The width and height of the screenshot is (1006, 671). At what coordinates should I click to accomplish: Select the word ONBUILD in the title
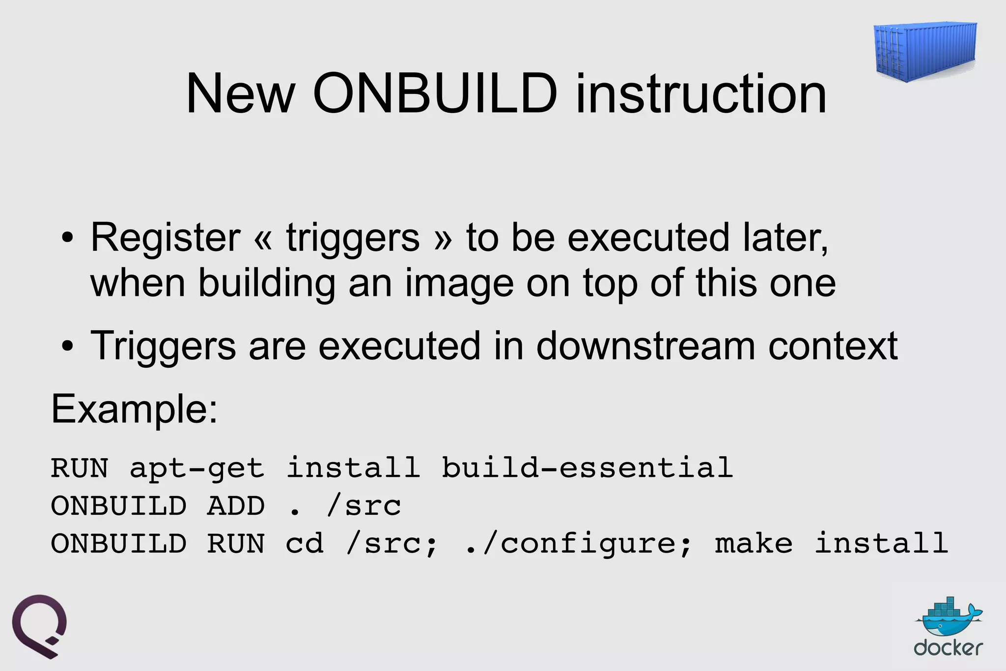pyautogui.click(x=435, y=93)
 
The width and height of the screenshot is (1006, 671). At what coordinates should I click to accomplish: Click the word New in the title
pyautogui.click(x=240, y=93)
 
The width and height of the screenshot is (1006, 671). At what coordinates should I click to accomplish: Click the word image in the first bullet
pyautogui.click(x=459, y=284)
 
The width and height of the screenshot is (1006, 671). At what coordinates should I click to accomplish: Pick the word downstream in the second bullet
pyautogui.click(x=645, y=346)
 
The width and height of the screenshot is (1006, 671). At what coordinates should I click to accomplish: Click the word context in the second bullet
pyautogui.click(x=833, y=347)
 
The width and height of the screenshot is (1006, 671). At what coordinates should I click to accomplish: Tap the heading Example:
pyautogui.click(x=134, y=408)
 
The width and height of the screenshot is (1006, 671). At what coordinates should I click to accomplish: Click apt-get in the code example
pyautogui.click(x=197, y=468)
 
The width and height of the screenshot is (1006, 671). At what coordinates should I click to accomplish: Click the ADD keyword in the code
pyautogui.click(x=236, y=506)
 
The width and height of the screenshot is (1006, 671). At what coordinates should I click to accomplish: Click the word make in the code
pyautogui.click(x=754, y=544)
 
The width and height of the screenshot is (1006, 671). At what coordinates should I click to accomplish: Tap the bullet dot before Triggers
pyautogui.click(x=67, y=347)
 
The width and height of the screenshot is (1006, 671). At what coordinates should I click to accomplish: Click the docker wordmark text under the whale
pyautogui.click(x=948, y=648)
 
